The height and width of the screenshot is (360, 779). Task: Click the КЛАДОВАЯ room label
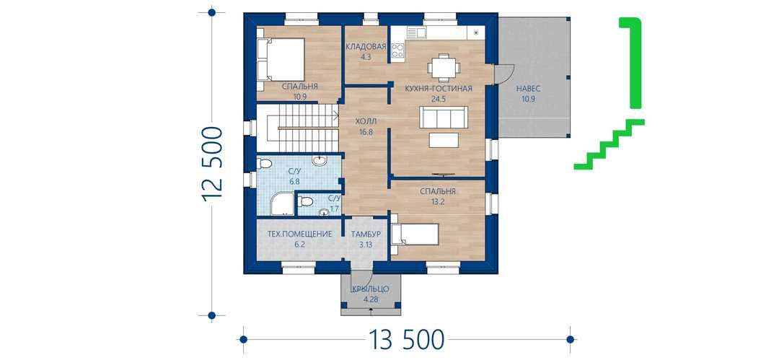point(366,47)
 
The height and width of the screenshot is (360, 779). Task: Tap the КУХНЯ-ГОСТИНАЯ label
point(439,89)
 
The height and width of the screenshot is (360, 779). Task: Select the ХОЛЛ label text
point(366,121)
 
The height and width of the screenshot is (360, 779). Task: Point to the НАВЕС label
point(528,89)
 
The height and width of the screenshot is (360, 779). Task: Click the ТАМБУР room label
point(366,234)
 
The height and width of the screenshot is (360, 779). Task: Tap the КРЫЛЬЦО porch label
point(370,289)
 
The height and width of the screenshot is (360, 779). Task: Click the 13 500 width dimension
point(406,340)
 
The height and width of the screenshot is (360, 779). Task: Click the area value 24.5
point(439,98)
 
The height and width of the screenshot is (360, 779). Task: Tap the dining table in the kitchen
point(441,66)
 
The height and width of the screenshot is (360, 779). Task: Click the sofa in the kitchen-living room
point(444,118)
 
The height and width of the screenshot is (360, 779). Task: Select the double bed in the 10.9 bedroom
point(281,60)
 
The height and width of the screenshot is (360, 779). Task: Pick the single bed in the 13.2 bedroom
point(415,234)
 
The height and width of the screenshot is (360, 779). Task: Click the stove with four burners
point(397,51)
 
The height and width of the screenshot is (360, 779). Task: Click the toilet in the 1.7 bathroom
point(305,202)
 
